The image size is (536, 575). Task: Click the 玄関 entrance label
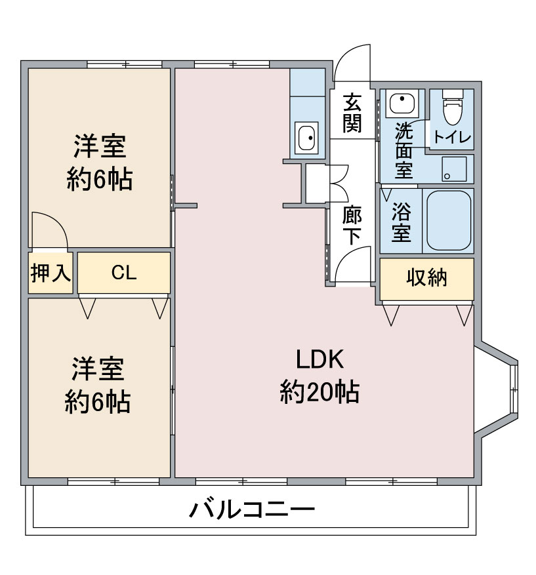(352, 113)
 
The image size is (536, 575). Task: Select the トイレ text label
(452, 137)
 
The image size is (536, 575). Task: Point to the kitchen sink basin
(306, 138)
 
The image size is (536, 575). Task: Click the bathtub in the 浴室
(449, 220)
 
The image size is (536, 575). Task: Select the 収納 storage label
(426, 277)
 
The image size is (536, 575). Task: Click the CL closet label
(124, 273)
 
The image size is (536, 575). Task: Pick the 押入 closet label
(51, 273)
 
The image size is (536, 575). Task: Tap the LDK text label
(320, 359)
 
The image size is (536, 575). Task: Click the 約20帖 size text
(320, 392)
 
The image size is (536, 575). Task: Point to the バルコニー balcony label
(252, 509)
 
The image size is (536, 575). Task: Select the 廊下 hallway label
(352, 226)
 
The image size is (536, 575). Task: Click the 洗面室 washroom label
(403, 151)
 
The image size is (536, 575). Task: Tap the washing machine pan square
(454, 169)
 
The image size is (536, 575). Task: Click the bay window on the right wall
(496, 389)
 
